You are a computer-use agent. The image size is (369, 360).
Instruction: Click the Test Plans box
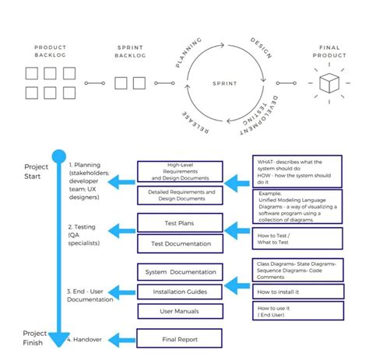(x=180, y=223)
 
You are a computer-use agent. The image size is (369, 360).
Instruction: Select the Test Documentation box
(x=180, y=243)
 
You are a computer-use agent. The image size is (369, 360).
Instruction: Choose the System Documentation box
(x=180, y=272)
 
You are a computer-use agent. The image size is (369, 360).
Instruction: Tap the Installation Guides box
(x=180, y=292)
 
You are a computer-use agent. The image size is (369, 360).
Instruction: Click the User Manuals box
(x=180, y=311)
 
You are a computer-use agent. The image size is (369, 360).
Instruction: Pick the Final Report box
(x=180, y=339)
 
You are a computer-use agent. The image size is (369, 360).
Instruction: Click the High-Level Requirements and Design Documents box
(x=180, y=172)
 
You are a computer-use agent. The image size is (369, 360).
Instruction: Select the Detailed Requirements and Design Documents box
(x=180, y=195)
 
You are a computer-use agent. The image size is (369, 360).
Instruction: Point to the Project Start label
(x=36, y=171)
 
